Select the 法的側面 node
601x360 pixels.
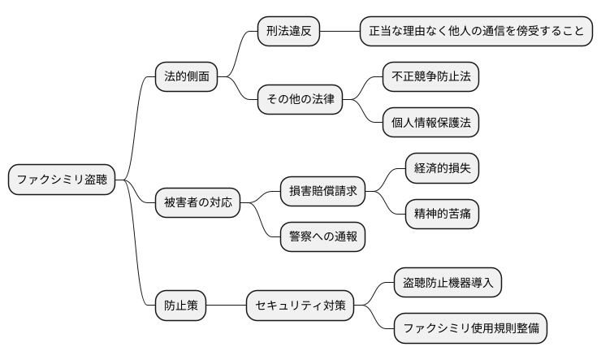tap(187, 77)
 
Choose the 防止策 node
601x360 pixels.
tap(180, 306)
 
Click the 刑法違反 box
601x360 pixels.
tap(288, 32)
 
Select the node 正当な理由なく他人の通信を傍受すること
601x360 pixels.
tap(476, 32)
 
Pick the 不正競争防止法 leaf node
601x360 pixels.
tap(430, 77)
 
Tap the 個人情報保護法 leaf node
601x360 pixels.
tap(430, 123)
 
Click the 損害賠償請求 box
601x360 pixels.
tap(322, 192)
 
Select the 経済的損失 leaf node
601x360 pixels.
tap(442, 169)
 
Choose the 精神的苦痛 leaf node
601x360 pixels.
tap(442, 215)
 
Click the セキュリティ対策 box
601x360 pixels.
tap(300, 306)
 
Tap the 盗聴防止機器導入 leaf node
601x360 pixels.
tap(448, 283)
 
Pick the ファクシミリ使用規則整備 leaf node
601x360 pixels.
tap(470, 329)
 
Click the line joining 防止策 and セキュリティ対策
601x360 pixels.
tap(226, 306)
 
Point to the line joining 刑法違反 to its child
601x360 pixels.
tap(339, 32)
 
